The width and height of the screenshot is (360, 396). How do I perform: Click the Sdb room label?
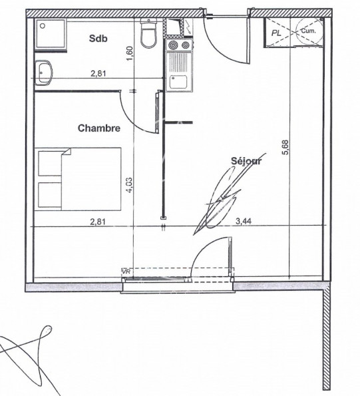(99, 38)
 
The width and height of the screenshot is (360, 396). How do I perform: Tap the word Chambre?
(99, 128)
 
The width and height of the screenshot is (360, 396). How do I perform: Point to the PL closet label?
(275, 31)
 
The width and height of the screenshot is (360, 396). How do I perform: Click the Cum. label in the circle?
(307, 31)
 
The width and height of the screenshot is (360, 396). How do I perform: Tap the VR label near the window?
(126, 272)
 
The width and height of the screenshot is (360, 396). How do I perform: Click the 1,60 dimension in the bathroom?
(130, 51)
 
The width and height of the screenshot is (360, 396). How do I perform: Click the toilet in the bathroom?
(148, 33)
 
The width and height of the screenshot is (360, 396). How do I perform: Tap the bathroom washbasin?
(45, 71)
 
